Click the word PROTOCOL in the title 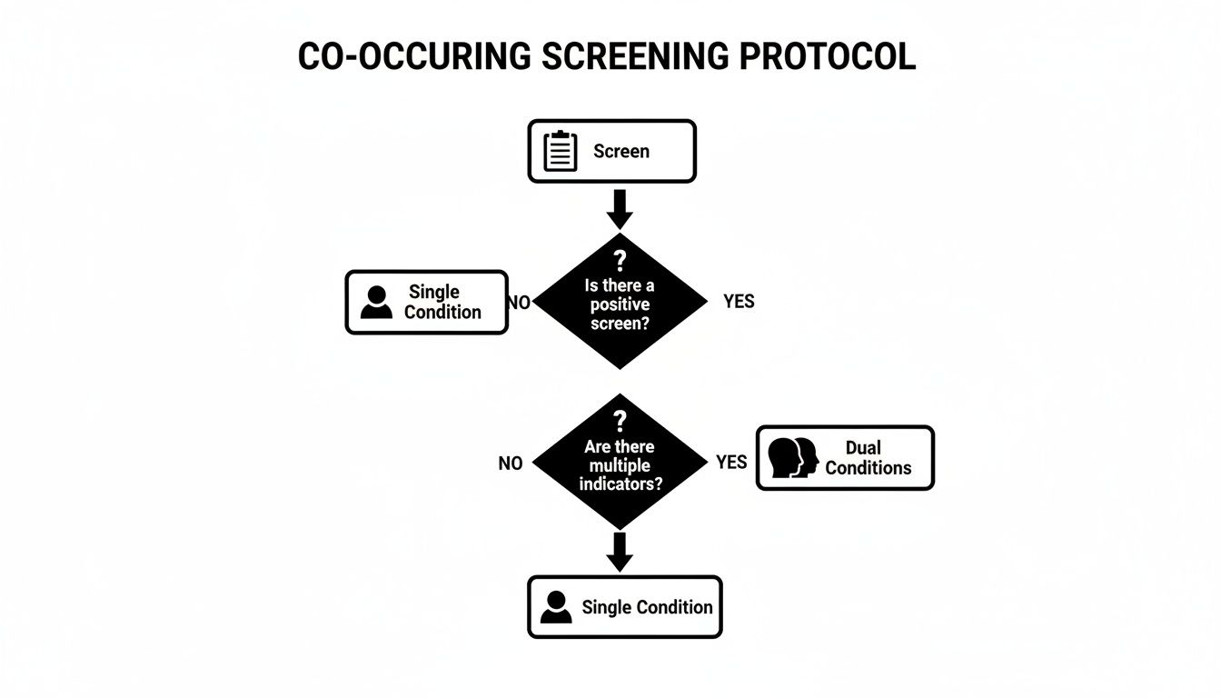click(x=826, y=56)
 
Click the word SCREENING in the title click(x=635, y=56)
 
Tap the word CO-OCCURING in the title click(x=414, y=56)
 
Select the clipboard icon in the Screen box click(x=560, y=151)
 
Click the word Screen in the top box click(x=621, y=151)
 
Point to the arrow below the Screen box click(x=620, y=209)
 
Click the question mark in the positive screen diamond click(x=620, y=264)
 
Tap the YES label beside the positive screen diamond click(x=739, y=301)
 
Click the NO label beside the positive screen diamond click(x=518, y=302)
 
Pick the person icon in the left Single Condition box click(x=376, y=302)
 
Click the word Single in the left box click(x=434, y=292)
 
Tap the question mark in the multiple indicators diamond click(x=620, y=420)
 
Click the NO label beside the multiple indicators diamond click(x=511, y=464)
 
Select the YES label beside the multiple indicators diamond click(x=731, y=463)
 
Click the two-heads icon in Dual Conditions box click(x=793, y=457)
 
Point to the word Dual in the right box click(x=863, y=447)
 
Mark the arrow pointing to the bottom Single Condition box click(x=620, y=552)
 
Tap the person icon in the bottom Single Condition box click(x=556, y=607)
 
